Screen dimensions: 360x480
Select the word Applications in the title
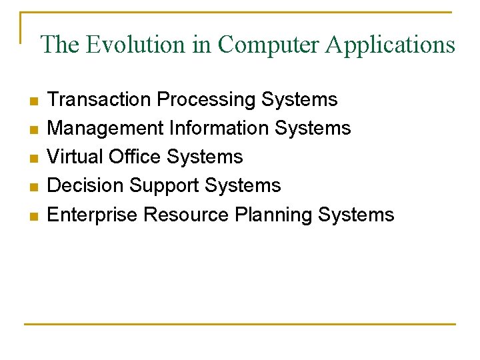coord(389,45)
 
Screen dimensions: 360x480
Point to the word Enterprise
coord(93,215)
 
